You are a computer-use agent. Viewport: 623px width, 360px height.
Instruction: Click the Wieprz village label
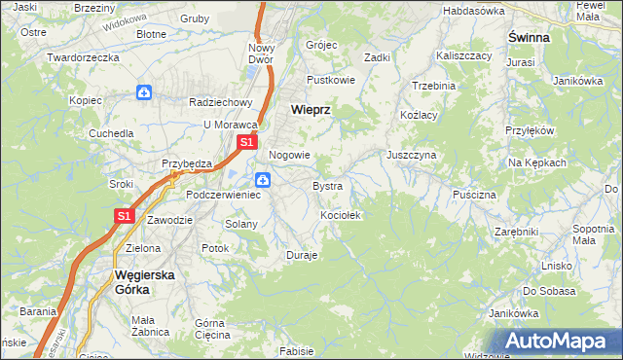[x=311, y=111]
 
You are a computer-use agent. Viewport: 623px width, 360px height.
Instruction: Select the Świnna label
[x=529, y=37]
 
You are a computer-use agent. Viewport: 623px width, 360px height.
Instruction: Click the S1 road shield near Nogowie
[x=247, y=142]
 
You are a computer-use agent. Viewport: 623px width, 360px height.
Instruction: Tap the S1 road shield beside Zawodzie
[x=125, y=217]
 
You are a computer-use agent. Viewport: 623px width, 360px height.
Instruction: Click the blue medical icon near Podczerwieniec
[x=263, y=180]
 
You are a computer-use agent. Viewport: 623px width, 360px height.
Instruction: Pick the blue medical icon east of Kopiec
[x=144, y=93]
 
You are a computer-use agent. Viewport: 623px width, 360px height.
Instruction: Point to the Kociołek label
[x=341, y=214]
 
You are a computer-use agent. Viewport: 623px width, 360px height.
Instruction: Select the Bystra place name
[x=327, y=185]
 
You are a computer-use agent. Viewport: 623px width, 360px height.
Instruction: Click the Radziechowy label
[x=221, y=102]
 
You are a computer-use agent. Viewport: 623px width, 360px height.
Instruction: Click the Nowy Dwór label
[x=262, y=54]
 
